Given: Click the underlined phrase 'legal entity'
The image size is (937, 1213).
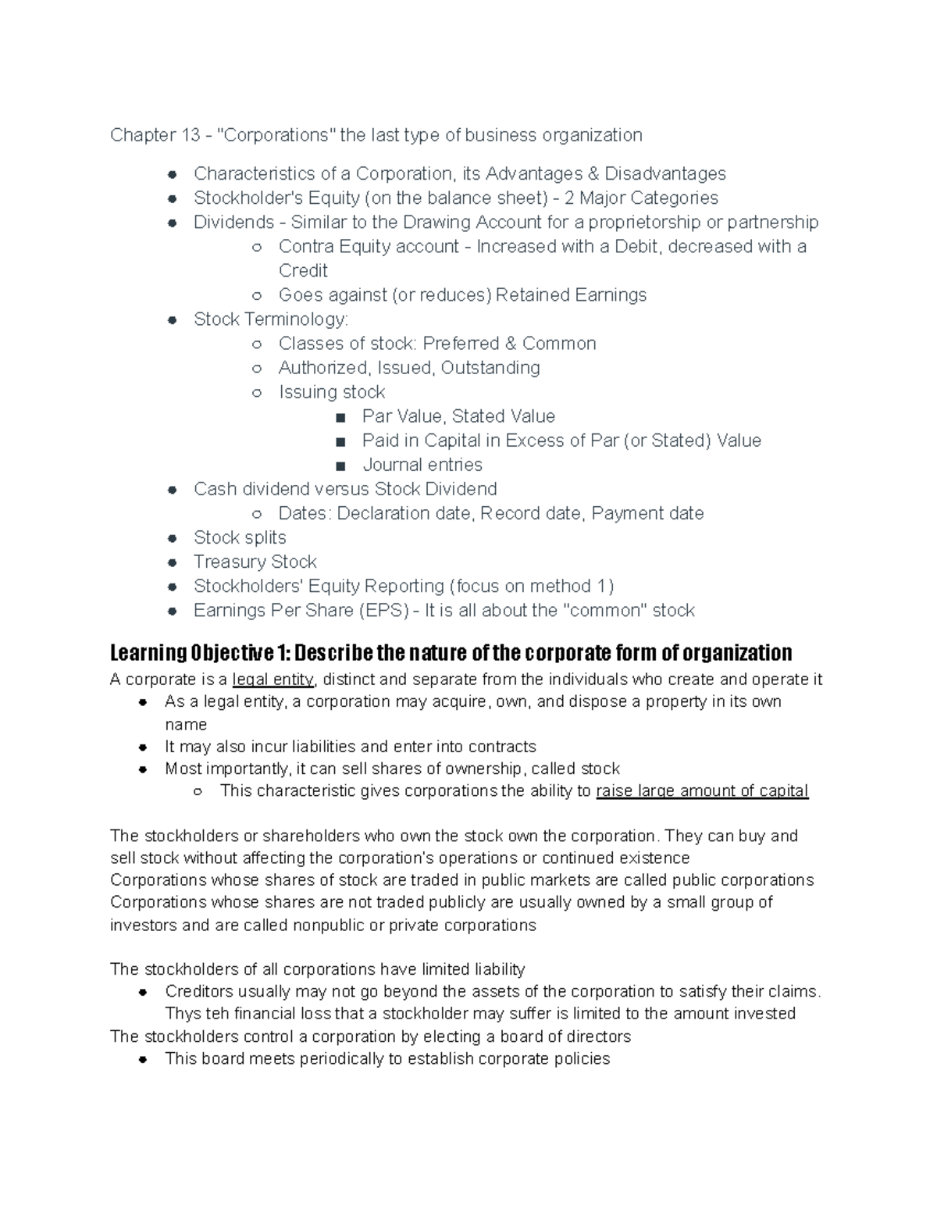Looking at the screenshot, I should coord(273,679).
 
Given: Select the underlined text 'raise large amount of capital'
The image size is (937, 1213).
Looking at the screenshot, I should coord(701,790).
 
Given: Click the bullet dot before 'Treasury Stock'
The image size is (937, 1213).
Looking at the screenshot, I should coord(173,562).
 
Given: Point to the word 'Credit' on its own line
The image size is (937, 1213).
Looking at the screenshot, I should coord(303,270).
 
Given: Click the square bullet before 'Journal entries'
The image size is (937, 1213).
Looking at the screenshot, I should coord(339,466).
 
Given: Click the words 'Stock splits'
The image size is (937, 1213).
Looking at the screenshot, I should coord(240,537).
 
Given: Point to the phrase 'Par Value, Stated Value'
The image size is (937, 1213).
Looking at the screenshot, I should coord(458,416).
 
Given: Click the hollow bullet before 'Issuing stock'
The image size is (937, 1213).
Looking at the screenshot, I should coord(257,393).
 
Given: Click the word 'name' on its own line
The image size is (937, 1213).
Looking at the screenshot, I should coord(185,724).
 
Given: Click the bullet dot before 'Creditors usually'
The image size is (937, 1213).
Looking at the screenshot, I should coord(143,993).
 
